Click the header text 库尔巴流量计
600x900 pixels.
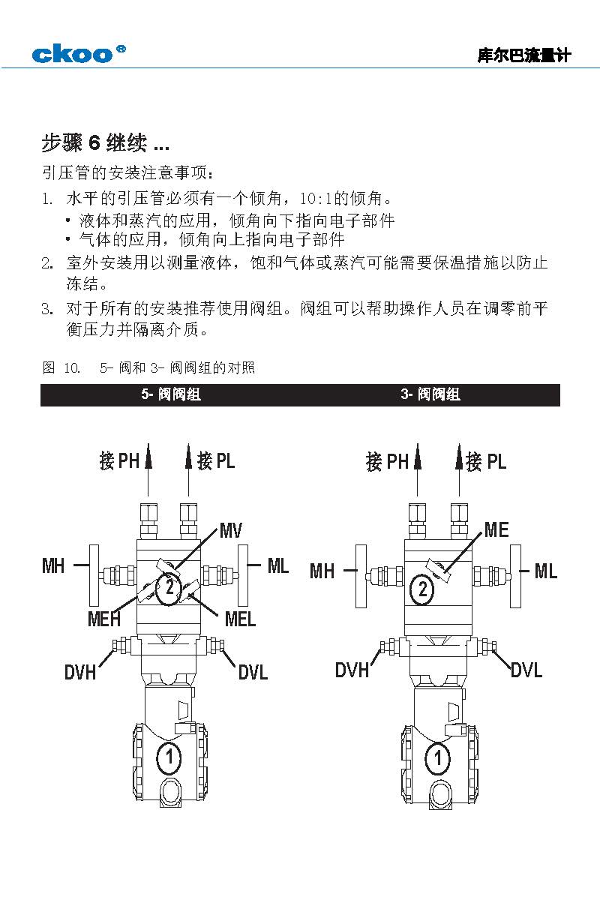coord(524,55)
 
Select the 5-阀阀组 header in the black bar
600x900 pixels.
coord(171,394)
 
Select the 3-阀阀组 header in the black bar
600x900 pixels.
coord(430,394)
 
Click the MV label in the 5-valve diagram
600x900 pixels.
coord(232,531)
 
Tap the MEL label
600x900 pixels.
coord(240,619)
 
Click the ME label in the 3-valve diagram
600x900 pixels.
coord(496,530)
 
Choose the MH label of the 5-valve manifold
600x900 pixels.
coord(53,565)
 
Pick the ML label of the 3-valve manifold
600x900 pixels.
coord(546,571)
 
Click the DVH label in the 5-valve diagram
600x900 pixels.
coord(80,672)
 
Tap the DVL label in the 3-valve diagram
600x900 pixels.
coord(526,670)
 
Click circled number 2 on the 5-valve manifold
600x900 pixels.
coord(169,587)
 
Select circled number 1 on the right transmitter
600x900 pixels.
coord(438,758)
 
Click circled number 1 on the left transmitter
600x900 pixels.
coord(169,758)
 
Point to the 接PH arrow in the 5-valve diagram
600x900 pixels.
coord(148,459)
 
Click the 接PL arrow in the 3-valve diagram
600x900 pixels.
coord(458,459)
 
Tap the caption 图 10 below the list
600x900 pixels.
coord(61,367)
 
